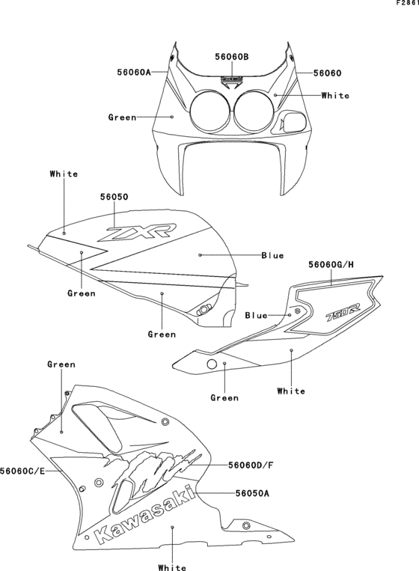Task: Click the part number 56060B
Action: pos(232,57)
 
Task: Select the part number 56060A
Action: pos(135,73)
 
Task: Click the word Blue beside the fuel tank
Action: pos(272,256)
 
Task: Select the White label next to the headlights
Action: pos(334,96)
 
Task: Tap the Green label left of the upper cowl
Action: pos(122,117)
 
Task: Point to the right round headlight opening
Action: pos(253,110)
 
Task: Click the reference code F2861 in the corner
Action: pos(406,4)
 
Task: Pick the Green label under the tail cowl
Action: pos(224,397)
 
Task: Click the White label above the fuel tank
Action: pos(64,174)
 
